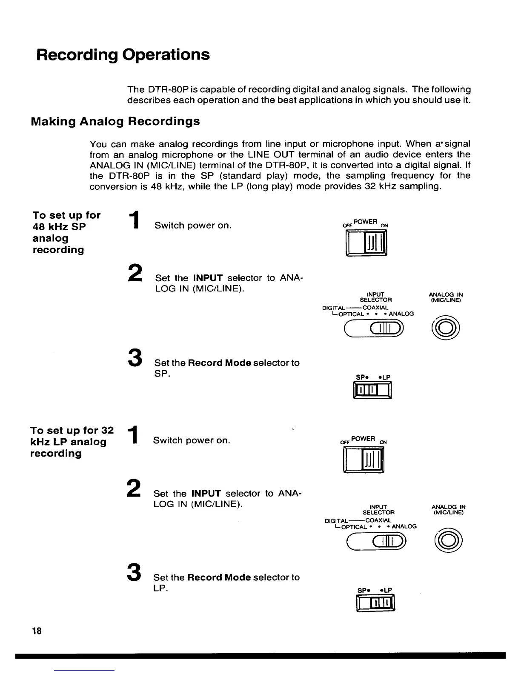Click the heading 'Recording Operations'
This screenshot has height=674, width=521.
click(123, 55)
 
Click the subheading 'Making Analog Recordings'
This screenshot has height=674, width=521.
click(115, 122)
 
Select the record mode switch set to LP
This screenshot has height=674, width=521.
click(376, 603)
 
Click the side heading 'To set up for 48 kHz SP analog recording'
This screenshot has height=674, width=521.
click(66, 232)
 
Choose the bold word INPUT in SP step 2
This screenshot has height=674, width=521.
click(208, 278)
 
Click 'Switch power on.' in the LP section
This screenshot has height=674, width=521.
click(192, 440)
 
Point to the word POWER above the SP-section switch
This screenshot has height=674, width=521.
click(365, 222)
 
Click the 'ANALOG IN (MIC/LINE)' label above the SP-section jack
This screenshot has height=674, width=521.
click(446, 297)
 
